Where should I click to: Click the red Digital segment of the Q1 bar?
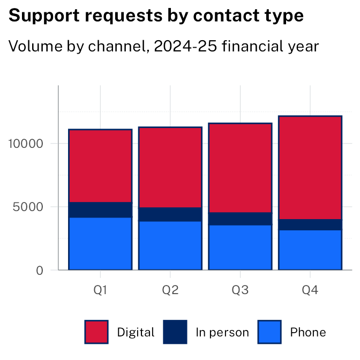click(100, 166)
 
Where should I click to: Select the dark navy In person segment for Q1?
click(100, 209)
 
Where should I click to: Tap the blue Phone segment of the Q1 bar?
click(100, 243)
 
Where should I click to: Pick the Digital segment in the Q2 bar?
click(170, 167)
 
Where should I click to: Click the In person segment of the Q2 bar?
click(170, 214)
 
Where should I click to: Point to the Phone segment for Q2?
click(170, 245)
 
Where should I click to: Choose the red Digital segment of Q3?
click(240, 168)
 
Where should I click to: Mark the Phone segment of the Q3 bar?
click(240, 247)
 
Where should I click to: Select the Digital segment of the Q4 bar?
click(310, 168)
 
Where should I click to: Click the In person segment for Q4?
click(310, 224)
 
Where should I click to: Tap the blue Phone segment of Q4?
click(310, 250)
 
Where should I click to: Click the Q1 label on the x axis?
click(100, 290)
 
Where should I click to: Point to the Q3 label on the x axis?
click(240, 290)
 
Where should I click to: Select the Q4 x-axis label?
click(310, 290)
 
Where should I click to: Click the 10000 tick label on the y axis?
click(25, 144)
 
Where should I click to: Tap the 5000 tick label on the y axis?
click(28, 207)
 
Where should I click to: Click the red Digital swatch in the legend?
click(96, 332)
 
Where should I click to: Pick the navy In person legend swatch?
click(175, 332)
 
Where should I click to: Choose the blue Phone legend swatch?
click(269, 332)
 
